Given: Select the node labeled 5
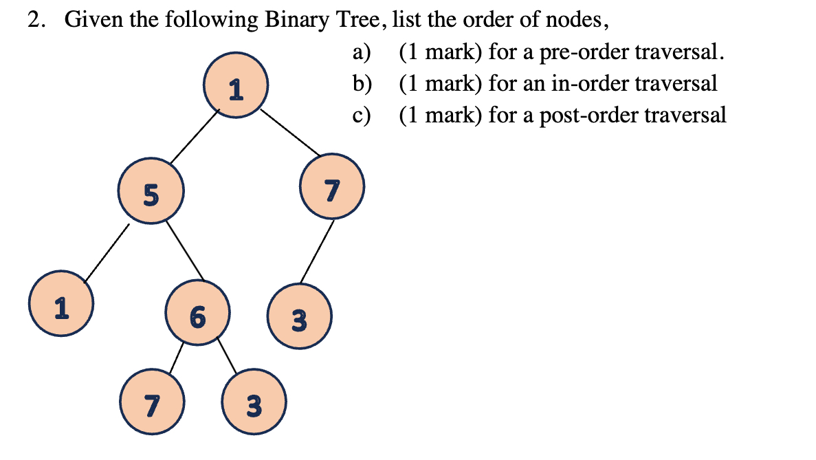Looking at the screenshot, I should pos(151,194).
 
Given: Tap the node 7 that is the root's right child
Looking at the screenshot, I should pos(332,188).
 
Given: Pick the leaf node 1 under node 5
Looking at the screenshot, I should pos(61,305).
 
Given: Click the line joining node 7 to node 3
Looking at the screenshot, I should pos(317,252).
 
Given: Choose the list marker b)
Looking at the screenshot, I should pos(362,83).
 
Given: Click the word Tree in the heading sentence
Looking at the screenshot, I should pos(356,21).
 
